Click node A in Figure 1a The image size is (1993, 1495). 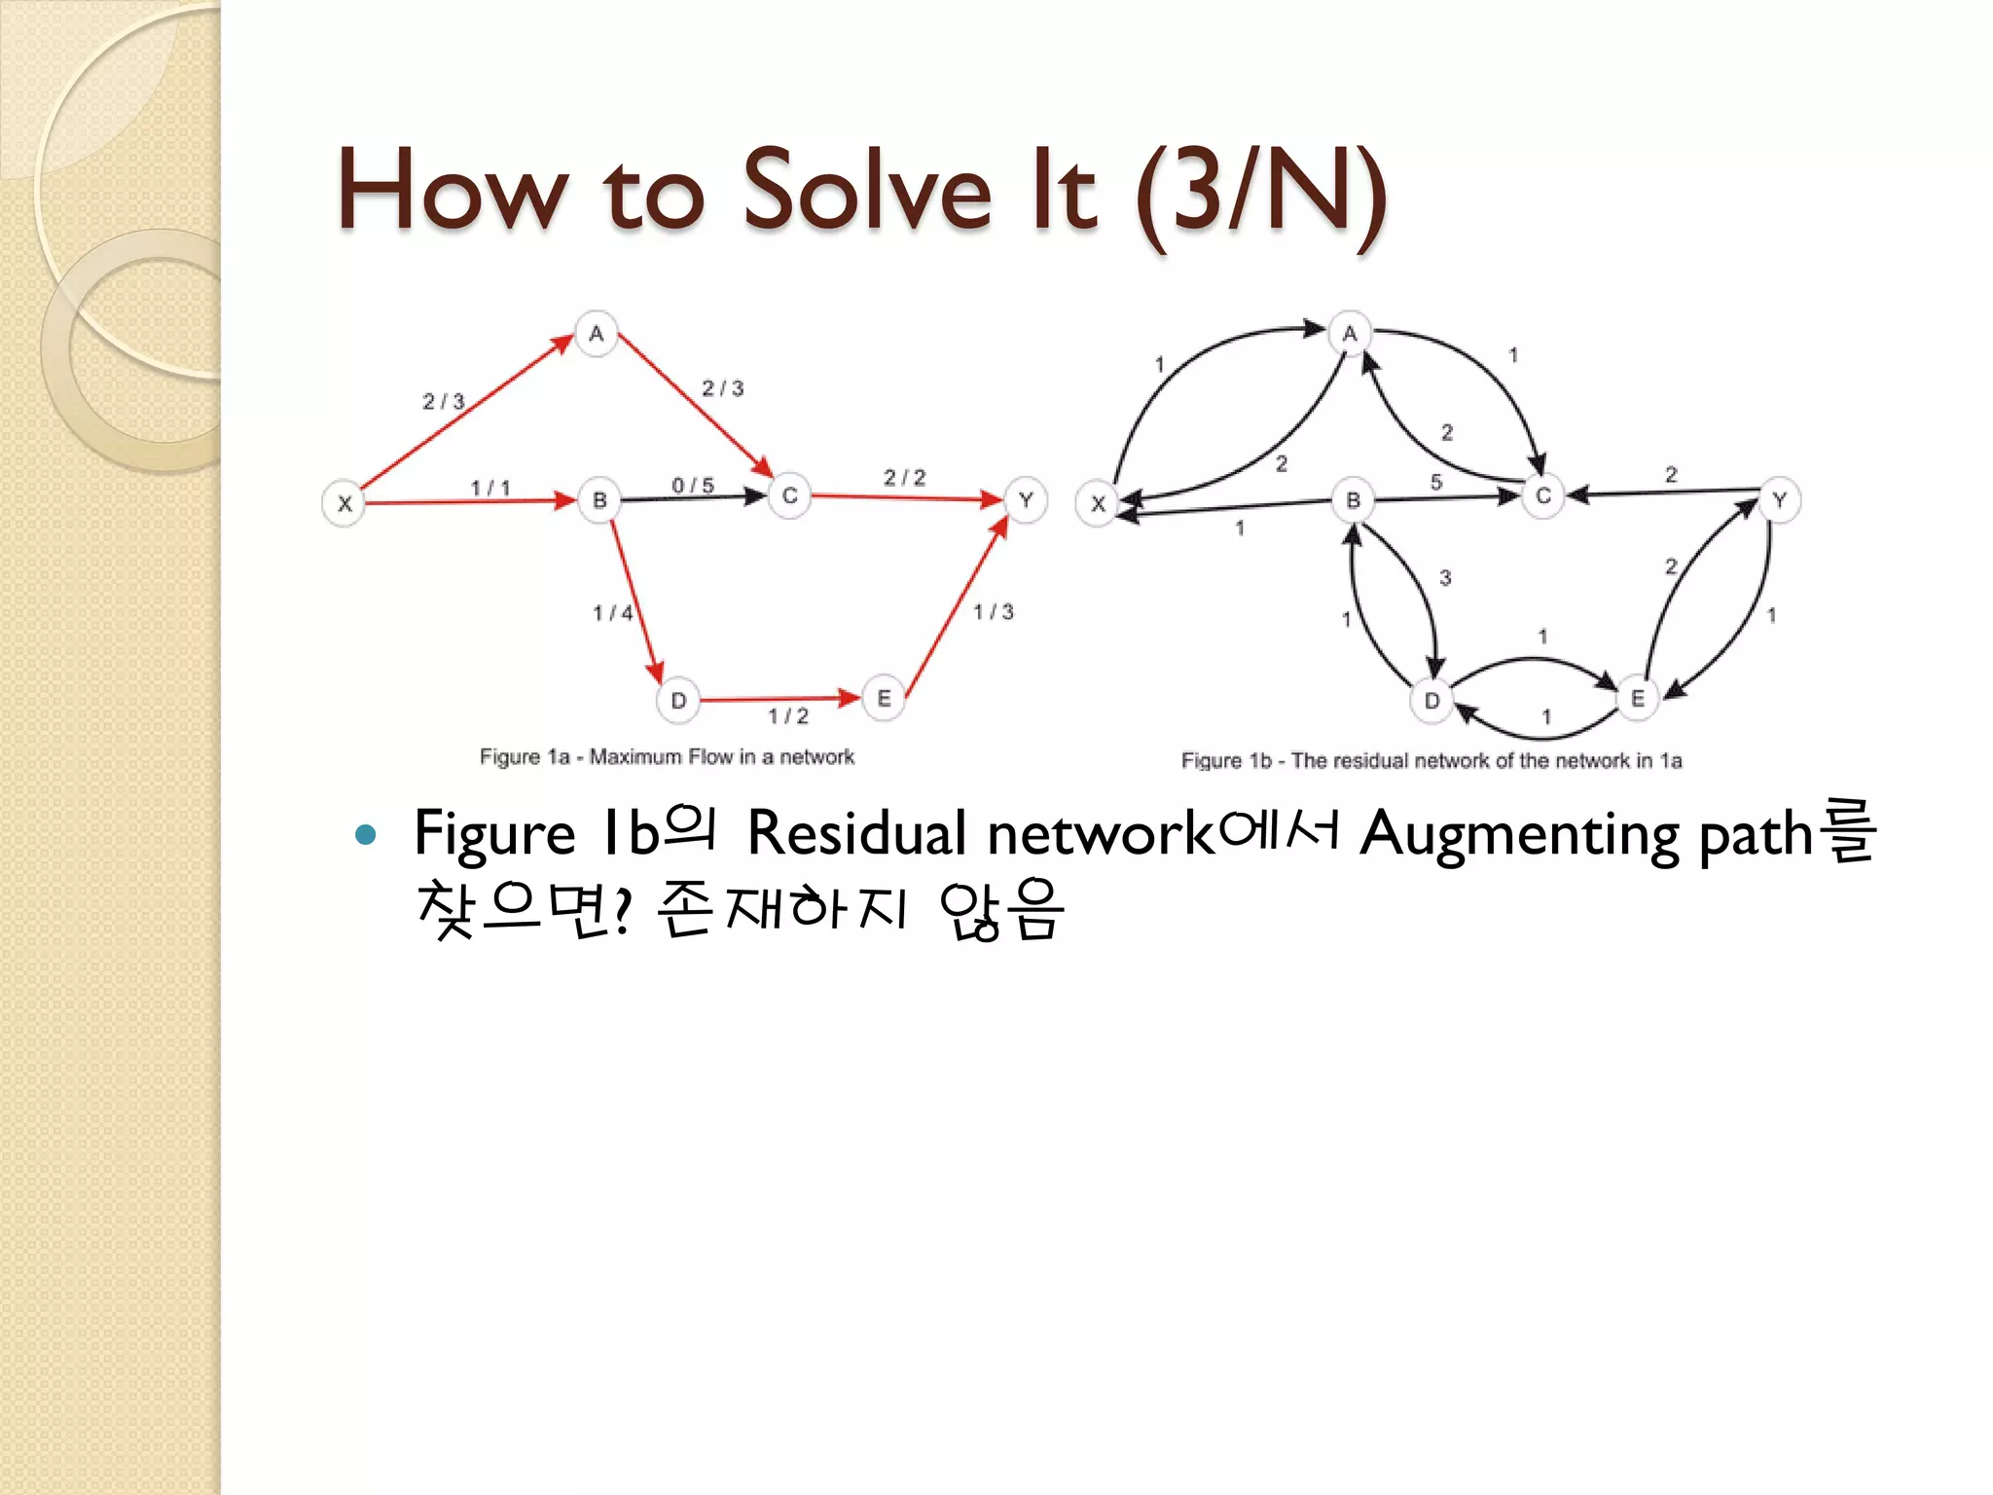tap(597, 334)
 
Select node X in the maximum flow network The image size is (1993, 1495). tap(344, 503)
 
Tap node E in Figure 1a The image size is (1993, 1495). tap(884, 698)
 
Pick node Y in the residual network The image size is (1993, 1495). tap(1779, 500)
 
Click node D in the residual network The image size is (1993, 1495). tap(1431, 700)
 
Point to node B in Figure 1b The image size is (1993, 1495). tap(1353, 500)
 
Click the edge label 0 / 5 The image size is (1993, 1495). tap(693, 485)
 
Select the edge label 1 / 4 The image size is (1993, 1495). tap(613, 612)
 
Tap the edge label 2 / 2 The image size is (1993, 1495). tap(905, 477)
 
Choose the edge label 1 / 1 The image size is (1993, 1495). tap(490, 487)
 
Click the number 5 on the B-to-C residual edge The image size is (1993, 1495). tap(1436, 482)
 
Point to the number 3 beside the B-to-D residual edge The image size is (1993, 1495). tap(1445, 577)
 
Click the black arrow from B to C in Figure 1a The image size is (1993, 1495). tap(693, 498)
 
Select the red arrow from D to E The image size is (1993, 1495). tap(779, 699)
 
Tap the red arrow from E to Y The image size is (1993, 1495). tap(956, 605)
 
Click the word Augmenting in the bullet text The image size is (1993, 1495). tap(1519, 835)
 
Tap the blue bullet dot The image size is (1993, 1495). tap(366, 834)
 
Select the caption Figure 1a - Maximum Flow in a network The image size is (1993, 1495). tap(667, 757)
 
